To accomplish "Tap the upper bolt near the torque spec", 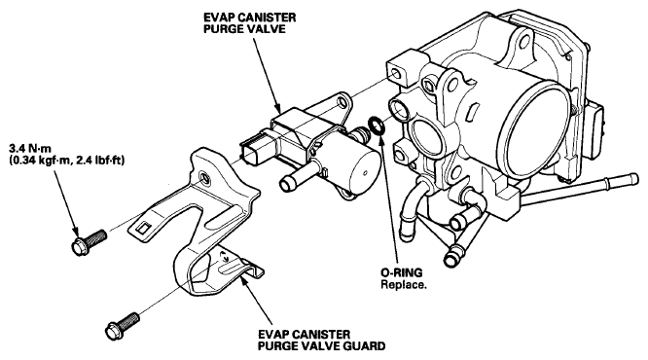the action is tap(89, 242).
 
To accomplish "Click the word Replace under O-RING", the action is tap(404, 285).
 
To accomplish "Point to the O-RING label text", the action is tap(401, 272).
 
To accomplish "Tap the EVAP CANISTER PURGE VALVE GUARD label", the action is tap(321, 340).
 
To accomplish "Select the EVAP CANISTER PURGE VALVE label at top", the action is tap(250, 23).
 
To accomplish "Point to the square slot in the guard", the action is tap(143, 227).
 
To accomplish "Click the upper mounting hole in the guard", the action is tap(203, 176).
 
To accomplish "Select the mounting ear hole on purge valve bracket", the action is tap(342, 102).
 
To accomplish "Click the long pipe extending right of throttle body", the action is tap(579, 190).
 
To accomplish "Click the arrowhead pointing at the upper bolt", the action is tap(75, 232).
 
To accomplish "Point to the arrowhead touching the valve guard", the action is tap(243, 279).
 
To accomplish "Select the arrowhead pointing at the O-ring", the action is tap(380, 136).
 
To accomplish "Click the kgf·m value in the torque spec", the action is tap(42, 160).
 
